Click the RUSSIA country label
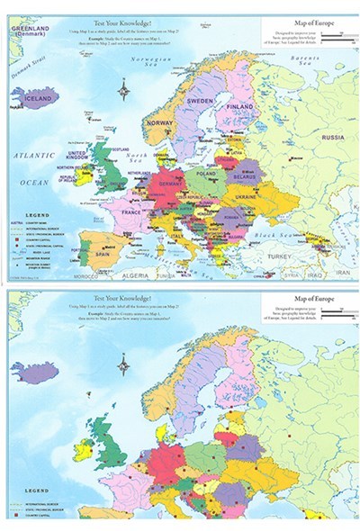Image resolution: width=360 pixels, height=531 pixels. [x=333, y=138]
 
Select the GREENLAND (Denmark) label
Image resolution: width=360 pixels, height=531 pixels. [x=29, y=32]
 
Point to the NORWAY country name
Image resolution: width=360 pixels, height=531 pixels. [x=158, y=123]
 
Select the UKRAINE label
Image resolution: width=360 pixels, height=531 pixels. [x=248, y=196]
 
